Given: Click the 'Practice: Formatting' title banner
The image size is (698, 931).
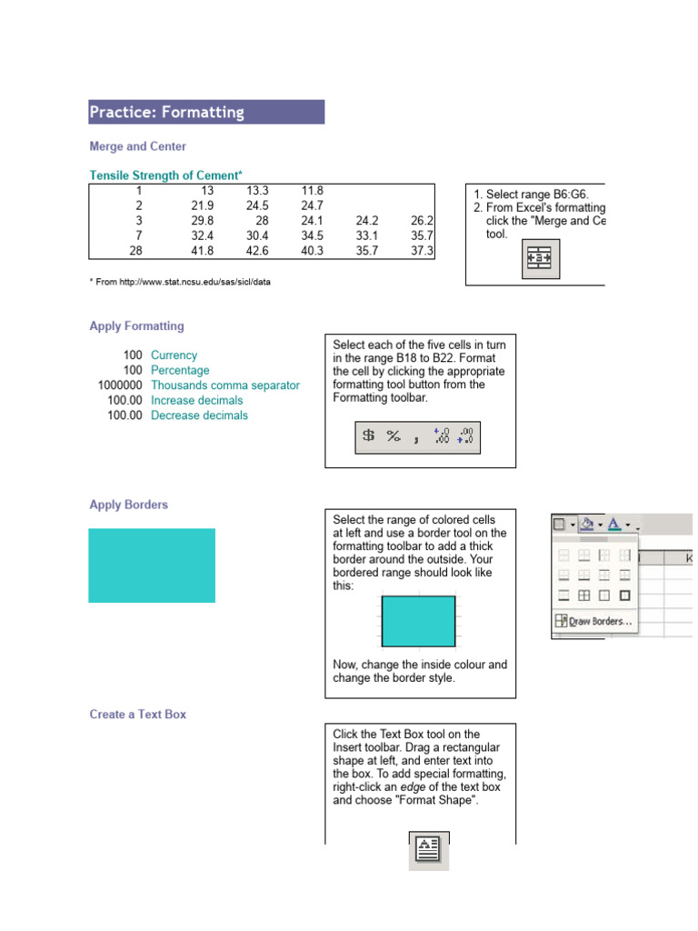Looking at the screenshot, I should click(205, 112).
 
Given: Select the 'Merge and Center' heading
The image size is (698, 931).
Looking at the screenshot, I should click(137, 145).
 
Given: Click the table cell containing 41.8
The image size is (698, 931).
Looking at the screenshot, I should click(201, 251).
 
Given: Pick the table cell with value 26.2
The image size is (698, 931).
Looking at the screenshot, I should click(422, 220).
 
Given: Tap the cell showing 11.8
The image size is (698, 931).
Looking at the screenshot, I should click(312, 191).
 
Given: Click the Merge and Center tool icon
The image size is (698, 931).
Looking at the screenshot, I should click(541, 259).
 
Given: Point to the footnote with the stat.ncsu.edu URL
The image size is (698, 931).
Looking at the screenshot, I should click(180, 282).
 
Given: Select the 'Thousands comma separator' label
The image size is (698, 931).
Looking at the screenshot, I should click(224, 385).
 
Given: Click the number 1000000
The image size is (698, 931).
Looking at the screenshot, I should click(120, 385).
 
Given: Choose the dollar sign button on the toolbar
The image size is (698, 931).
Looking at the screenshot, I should click(368, 436).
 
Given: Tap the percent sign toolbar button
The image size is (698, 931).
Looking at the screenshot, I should click(394, 436).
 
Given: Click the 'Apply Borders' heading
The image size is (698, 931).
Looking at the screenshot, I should click(128, 505).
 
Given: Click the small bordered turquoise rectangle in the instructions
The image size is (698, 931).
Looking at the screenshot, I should click(418, 621).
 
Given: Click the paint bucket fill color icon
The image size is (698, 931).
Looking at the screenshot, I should click(586, 524).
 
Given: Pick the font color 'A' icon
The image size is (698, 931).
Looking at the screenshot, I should click(615, 524).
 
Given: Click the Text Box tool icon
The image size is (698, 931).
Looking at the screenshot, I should click(428, 850).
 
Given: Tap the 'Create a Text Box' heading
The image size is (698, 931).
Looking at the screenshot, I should click(137, 715).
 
